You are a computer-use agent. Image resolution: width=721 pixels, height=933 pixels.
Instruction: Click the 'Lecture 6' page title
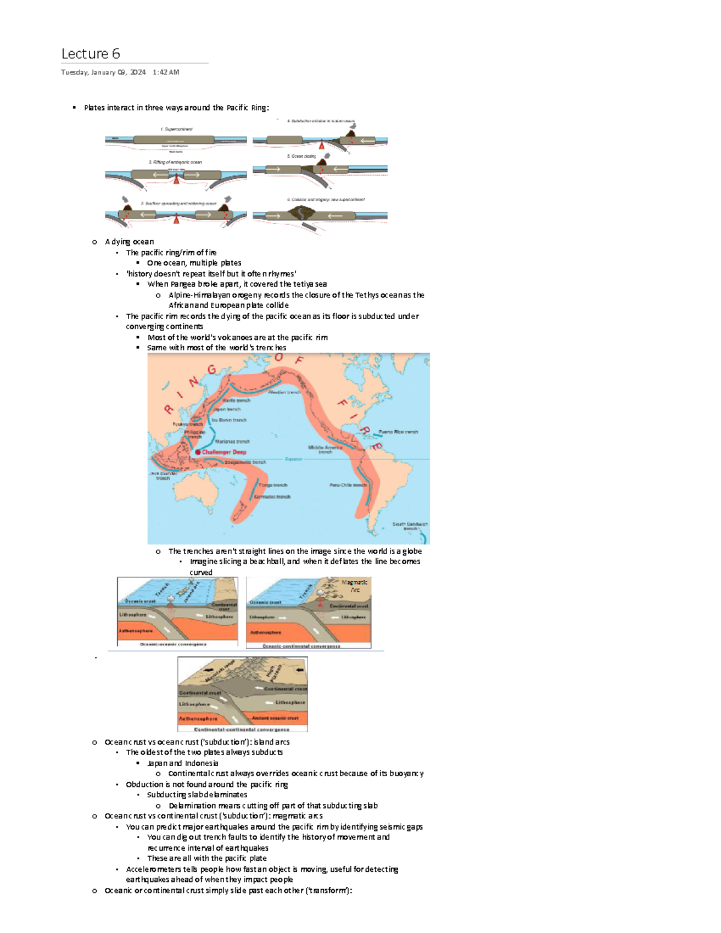[91, 54]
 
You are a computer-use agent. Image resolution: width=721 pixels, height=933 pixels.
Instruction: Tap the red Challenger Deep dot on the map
[198, 452]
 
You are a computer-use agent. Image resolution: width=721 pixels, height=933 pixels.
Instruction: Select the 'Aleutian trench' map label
[284, 392]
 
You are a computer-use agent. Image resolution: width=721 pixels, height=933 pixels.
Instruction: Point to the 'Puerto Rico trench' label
[398, 432]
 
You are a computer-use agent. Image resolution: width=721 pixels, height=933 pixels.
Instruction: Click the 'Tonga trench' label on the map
[273, 485]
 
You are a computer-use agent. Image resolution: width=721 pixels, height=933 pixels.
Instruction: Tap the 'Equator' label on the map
[293, 459]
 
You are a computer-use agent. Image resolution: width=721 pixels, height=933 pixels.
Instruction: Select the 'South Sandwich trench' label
[410, 526]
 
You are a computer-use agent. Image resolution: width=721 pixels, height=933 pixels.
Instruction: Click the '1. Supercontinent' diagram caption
[176, 129]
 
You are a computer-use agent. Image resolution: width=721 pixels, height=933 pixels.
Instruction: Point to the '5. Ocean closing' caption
[301, 156]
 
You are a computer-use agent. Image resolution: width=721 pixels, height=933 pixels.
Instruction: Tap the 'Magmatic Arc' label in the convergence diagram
[354, 586]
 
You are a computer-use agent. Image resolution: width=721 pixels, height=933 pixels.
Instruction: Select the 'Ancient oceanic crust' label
[275, 718]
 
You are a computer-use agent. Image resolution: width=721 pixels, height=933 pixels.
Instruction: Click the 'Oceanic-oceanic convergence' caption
[173, 644]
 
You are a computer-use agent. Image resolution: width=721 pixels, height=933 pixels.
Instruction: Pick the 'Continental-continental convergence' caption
[242, 729]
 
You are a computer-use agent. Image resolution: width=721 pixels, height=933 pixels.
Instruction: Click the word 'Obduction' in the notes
[144, 785]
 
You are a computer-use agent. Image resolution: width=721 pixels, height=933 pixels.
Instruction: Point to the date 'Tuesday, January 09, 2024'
[103, 73]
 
